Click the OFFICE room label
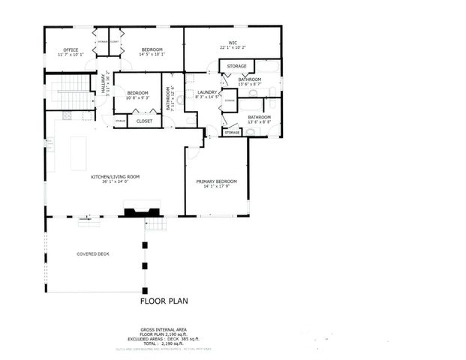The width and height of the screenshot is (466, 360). tap(71, 49)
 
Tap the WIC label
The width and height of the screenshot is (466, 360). tap(233, 43)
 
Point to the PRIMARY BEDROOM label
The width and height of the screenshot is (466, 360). tap(216, 181)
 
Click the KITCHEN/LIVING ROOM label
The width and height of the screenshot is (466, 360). tap(116, 176)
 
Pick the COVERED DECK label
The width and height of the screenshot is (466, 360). tap(93, 254)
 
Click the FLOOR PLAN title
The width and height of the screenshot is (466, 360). tap(164, 301)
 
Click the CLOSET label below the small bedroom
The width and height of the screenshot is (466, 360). tap(144, 120)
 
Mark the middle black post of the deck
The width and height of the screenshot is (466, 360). tap(145, 265)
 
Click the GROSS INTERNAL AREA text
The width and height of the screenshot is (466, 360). tap(164, 329)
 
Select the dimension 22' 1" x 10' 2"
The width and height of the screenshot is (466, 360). tap(233, 49)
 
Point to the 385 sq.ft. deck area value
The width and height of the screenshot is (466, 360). tap(198, 338)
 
